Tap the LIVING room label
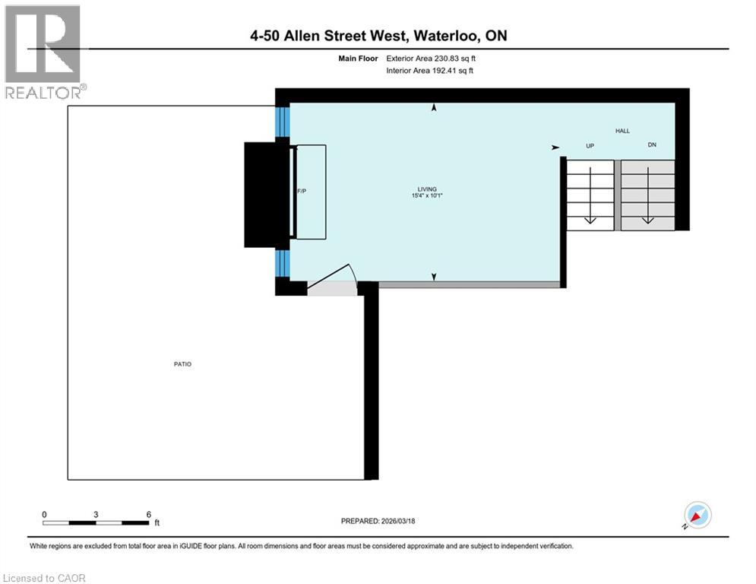click(426, 189)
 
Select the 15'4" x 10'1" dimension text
click(426, 196)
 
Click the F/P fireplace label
click(301, 191)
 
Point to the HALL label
click(622, 132)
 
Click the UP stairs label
click(589, 145)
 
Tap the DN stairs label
click(651, 144)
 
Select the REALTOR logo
click(44, 52)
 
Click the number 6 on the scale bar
click(148, 513)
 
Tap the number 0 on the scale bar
click(44, 513)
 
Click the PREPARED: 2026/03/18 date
click(378, 521)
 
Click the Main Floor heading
click(359, 58)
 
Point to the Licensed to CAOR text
click(45, 578)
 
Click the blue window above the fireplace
click(282, 122)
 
